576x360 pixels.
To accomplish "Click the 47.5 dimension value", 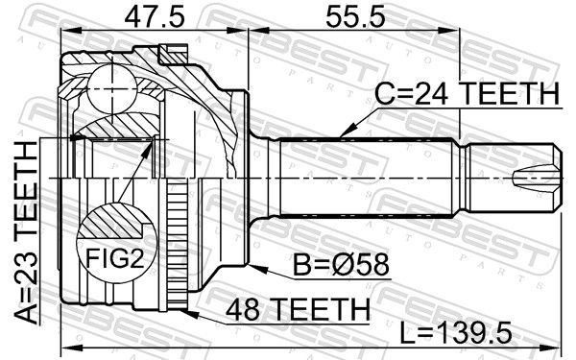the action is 155,17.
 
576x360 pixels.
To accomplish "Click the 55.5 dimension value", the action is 355,17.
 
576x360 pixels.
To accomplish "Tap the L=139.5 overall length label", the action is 455,333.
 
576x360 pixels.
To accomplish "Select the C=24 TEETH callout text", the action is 467,94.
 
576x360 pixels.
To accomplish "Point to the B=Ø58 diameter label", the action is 341,265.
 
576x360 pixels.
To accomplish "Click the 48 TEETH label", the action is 298,310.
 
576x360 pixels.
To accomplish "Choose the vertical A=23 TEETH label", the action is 26,233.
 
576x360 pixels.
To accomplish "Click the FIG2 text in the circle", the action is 114,258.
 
